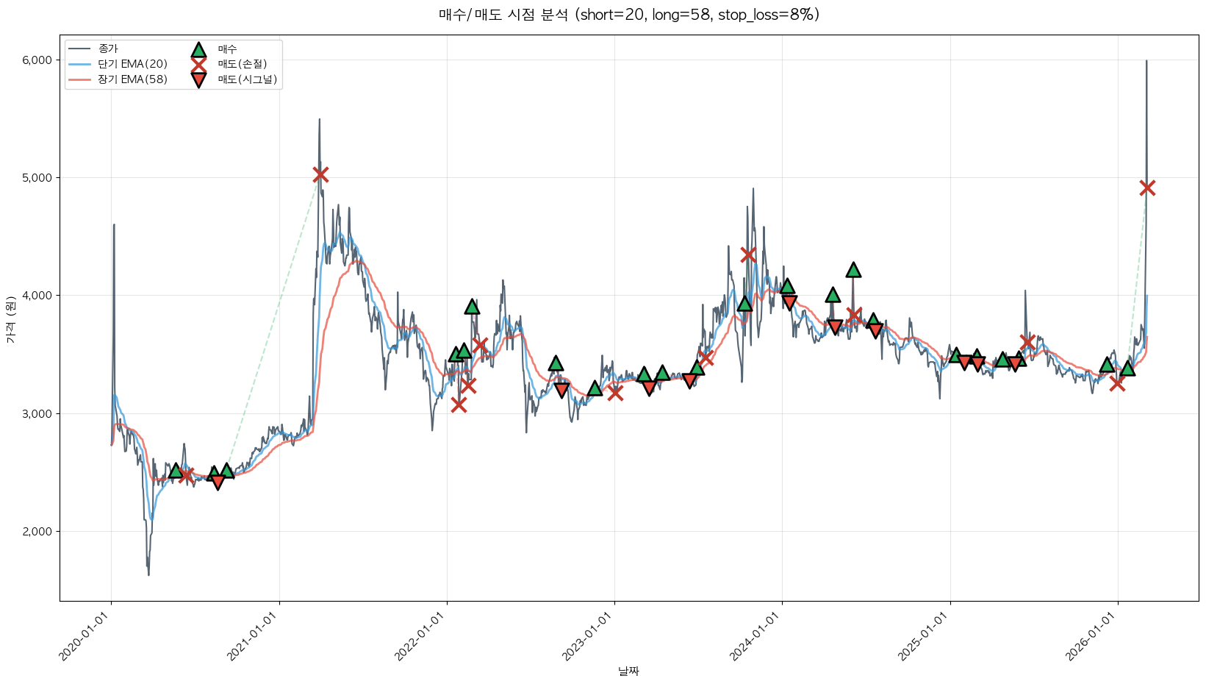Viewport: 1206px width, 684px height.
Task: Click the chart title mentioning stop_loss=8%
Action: point(628,15)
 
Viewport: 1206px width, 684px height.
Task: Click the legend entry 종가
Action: point(107,49)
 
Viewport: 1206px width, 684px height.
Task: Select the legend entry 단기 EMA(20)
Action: point(132,64)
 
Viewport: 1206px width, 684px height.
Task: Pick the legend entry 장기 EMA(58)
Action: point(132,79)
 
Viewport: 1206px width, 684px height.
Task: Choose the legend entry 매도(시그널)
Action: point(247,79)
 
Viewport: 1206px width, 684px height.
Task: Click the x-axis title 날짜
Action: point(628,671)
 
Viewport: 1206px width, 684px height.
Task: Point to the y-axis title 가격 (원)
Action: point(10,319)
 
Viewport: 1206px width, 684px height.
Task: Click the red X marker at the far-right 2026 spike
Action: point(1147,188)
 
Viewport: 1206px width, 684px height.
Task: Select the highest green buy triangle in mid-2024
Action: point(853,270)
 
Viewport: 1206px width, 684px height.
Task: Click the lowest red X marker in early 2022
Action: point(459,405)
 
